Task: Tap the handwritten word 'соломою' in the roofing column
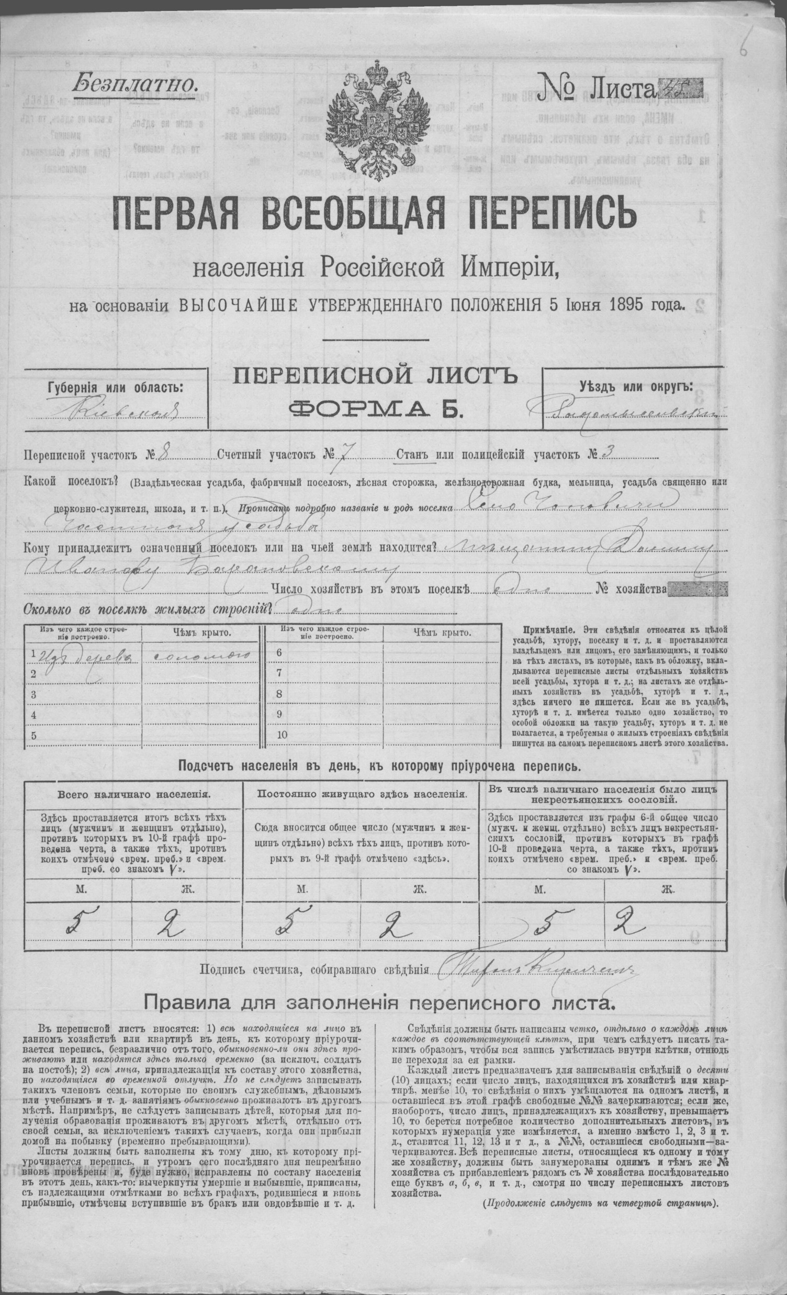point(202,655)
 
